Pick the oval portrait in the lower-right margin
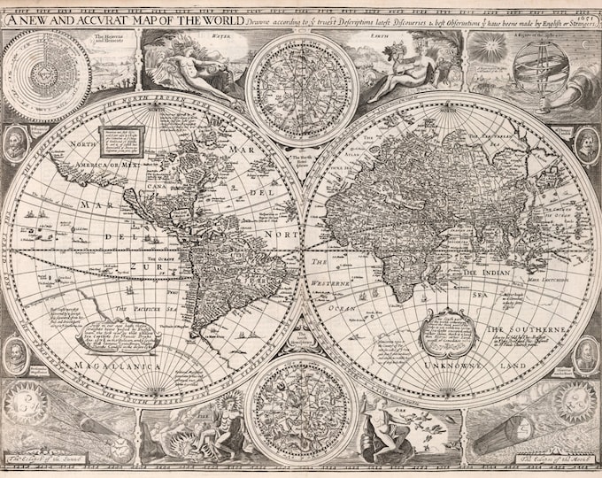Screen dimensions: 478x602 586,354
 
